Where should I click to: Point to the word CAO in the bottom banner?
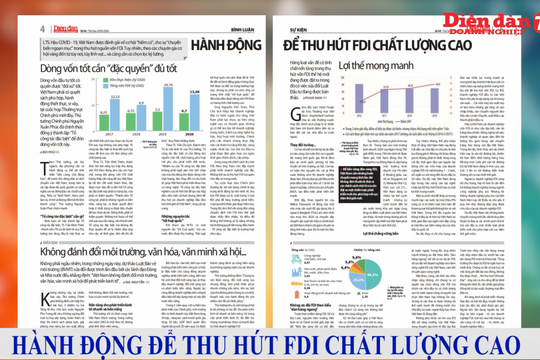click(504, 345)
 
